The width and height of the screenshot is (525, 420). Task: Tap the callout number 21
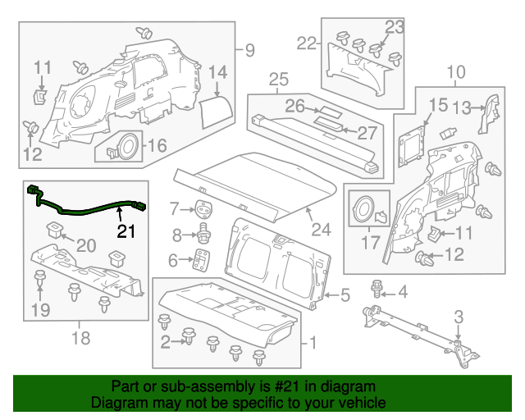coord(126,231)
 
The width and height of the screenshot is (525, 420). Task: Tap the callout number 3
coord(459,317)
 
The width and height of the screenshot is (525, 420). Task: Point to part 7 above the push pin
coord(202,207)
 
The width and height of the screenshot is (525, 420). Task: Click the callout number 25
coord(279,80)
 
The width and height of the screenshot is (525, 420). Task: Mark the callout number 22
coord(308,43)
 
